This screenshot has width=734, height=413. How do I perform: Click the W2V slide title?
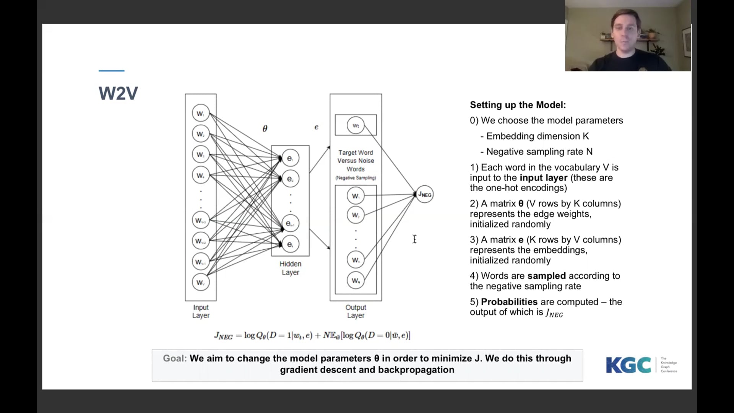click(x=118, y=93)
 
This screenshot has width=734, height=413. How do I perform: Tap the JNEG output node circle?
click(x=425, y=194)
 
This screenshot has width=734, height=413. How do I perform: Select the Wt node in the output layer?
click(x=356, y=125)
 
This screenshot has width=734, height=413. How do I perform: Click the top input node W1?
click(x=200, y=114)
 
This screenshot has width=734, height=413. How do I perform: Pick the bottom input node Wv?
click(x=200, y=283)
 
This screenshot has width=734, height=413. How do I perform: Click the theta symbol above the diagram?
click(x=265, y=128)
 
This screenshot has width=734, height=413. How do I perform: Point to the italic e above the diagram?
click(x=316, y=127)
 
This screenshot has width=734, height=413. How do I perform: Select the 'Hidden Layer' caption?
click(x=290, y=268)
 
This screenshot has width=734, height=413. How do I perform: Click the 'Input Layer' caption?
click(x=201, y=311)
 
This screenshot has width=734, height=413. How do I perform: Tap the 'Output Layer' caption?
click(x=356, y=311)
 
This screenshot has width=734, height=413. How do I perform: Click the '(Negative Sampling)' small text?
click(x=356, y=178)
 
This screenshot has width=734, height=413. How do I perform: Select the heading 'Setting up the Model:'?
click(x=518, y=105)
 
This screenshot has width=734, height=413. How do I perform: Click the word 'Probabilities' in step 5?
click(x=509, y=302)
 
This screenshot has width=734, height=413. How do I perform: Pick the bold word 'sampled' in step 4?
click(x=546, y=276)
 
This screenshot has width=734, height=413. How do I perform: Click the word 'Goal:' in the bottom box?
click(x=175, y=358)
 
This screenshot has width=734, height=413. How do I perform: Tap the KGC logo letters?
click(x=628, y=365)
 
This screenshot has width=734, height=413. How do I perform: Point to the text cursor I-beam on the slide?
click(x=414, y=239)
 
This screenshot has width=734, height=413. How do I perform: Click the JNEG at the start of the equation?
click(x=223, y=336)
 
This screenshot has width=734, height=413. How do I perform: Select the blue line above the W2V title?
click(x=111, y=71)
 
